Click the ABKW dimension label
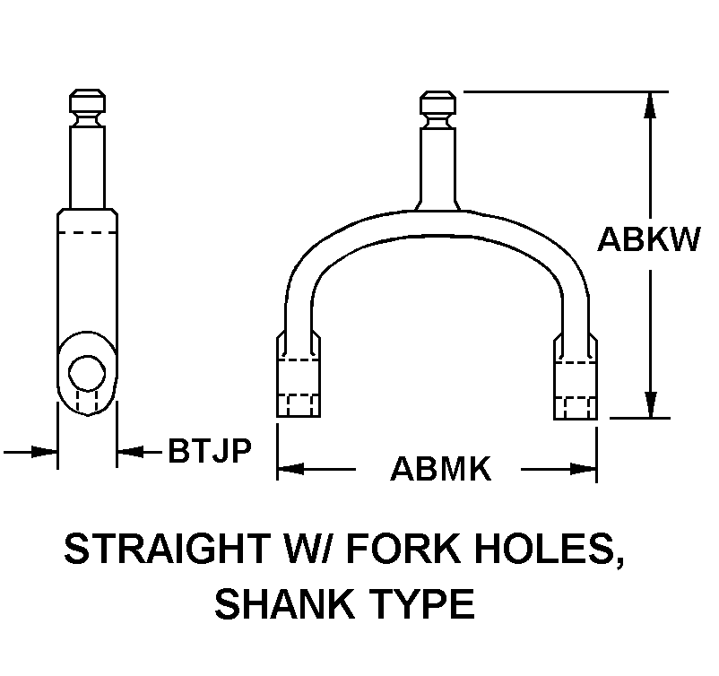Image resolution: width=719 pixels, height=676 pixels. pyautogui.click(x=649, y=239)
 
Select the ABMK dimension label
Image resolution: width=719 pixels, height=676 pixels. pyautogui.click(x=441, y=469)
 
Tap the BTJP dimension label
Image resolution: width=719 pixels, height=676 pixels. pyautogui.click(x=210, y=450)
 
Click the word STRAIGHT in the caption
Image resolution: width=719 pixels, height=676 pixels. pyautogui.click(x=167, y=548)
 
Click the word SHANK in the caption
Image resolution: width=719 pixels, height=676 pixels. pyautogui.click(x=284, y=604)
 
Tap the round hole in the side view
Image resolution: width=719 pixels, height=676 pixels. pyautogui.click(x=87, y=373)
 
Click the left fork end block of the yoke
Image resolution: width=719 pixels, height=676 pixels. pyautogui.click(x=298, y=377)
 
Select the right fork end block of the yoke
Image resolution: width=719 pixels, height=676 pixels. pyautogui.click(x=575, y=377)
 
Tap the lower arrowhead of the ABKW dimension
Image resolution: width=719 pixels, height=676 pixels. pyautogui.click(x=650, y=405)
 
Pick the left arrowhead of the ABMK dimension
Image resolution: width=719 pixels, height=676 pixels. pyautogui.click(x=290, y=469)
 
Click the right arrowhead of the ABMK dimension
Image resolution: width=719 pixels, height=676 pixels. pyautogui.click(x=583, y=469)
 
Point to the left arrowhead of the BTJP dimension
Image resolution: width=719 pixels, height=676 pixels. pyautogui.click(x=44, y=452)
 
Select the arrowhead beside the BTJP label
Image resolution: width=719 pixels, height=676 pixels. pyautogui.click(x=130, y=452)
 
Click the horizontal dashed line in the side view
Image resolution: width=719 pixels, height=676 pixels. pyautogui.click(x=87, y=232)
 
